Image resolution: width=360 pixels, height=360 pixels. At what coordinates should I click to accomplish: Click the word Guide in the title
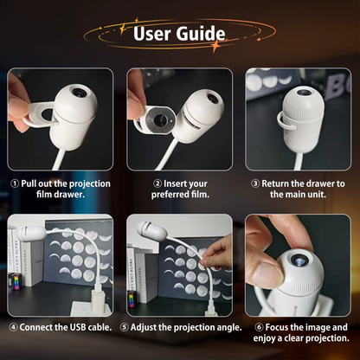point(201,34)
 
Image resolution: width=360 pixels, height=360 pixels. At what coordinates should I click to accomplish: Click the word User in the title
point(151,34)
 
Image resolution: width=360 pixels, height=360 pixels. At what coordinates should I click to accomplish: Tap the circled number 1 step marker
point(15,183)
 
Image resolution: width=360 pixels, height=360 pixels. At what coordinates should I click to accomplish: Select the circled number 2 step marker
point(157,183)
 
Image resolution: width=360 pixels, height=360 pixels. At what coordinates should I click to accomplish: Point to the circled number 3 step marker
point(255,183)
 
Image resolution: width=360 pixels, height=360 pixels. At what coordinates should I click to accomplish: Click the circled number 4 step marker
point(13,327)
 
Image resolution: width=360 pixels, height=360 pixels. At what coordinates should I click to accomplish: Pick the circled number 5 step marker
point(125,327)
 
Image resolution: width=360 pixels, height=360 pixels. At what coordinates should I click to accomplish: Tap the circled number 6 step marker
point(259,327)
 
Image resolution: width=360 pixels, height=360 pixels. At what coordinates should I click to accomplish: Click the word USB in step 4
point(78,327)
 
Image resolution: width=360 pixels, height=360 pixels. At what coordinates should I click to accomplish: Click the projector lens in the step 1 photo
point(79,93)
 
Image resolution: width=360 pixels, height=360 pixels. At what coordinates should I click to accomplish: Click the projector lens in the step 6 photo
point(298,260)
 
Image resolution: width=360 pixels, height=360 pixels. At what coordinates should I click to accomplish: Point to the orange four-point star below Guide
point(215,46)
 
